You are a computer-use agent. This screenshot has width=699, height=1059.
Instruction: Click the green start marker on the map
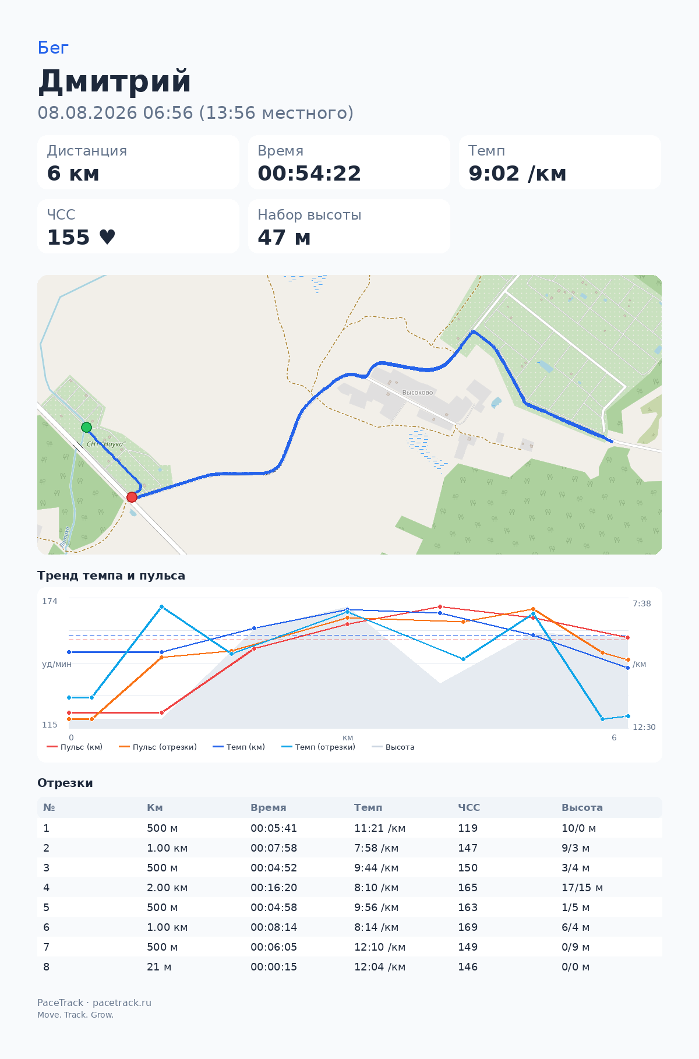pyautogui.click(x=86, y=427)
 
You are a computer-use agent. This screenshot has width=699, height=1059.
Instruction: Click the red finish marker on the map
pyautogui.click(x=132, y=497)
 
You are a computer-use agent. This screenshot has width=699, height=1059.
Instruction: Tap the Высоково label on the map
pyautogui.click(x=418, y=393)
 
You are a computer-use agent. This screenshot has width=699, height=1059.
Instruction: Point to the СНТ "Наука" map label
pyautogui.click(x=106, y=444)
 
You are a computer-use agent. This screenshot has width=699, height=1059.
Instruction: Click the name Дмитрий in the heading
pyautogui.click(x=115, y=81)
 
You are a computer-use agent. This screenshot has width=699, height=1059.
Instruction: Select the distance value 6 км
pyautogui.click(x=73, y=174)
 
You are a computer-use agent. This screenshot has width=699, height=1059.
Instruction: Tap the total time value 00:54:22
pyautogui.click(x=309, y=174)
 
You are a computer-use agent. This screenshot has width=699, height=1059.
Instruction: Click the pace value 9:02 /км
pyautogui.click(x=517, y=174)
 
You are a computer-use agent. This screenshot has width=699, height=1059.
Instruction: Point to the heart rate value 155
pyautogui.click(x=69, y=238)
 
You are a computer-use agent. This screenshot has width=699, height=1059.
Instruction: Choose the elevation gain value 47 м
pyautogui.click(x=284, y=238)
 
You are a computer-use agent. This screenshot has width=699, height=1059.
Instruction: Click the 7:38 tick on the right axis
pyautogui.click(x=642, y=603)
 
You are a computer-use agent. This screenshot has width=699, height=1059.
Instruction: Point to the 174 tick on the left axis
pyautogui.click(x=50, y=601)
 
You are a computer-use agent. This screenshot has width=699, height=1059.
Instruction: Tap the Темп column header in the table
pyautogui.click(x=368, y=807)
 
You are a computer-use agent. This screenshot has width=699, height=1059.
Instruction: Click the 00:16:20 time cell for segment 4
pyautogui.click(x=274, y=888)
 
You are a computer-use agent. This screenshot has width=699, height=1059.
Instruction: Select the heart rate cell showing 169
pyautogui.click(x=468, y=927)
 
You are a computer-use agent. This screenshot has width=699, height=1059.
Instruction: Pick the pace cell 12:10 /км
pyautogui.click(x=380, y=947)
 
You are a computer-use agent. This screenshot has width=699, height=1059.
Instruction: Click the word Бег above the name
pyautogui.click(x=53, y=48)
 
